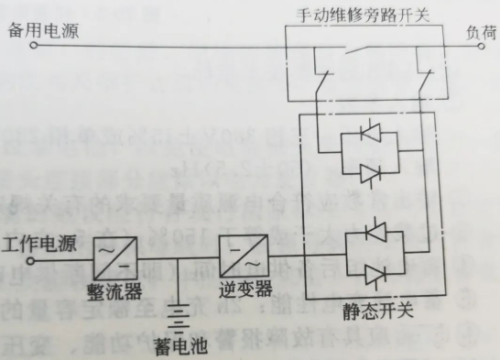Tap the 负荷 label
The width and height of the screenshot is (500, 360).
coord(479,30)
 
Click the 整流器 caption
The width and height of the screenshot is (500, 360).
coord(116,289)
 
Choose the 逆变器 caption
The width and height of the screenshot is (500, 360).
coord(245,289)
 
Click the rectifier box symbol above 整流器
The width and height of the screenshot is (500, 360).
coord(114,256)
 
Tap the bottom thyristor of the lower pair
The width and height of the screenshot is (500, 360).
coord(373,272)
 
